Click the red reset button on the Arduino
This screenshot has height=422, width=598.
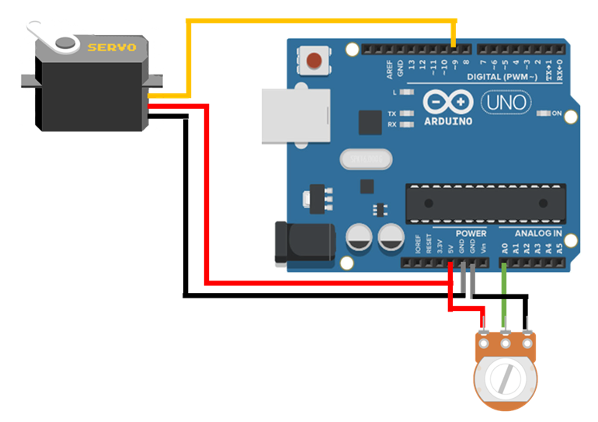tap(315, 60)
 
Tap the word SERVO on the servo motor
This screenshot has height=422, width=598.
tap(112, 47)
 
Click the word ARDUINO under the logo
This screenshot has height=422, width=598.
tap(448, 120)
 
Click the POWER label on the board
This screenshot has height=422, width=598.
tap(471, 233)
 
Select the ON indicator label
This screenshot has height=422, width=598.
tap(556, 113)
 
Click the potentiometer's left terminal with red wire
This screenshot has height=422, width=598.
tap(484, 339)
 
